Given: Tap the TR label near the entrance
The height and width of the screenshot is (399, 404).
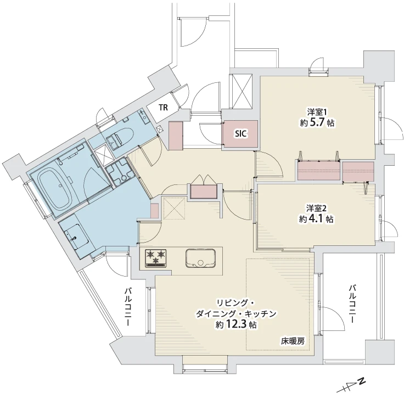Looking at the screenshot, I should (164, 107).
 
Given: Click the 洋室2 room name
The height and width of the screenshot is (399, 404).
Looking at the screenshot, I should (317, 208).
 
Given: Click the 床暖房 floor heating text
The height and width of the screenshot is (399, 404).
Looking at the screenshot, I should (293, 341).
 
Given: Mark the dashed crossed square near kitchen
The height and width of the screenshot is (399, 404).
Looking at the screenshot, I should (175, 208).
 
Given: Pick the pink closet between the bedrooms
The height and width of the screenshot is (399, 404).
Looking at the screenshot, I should (318, 171).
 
